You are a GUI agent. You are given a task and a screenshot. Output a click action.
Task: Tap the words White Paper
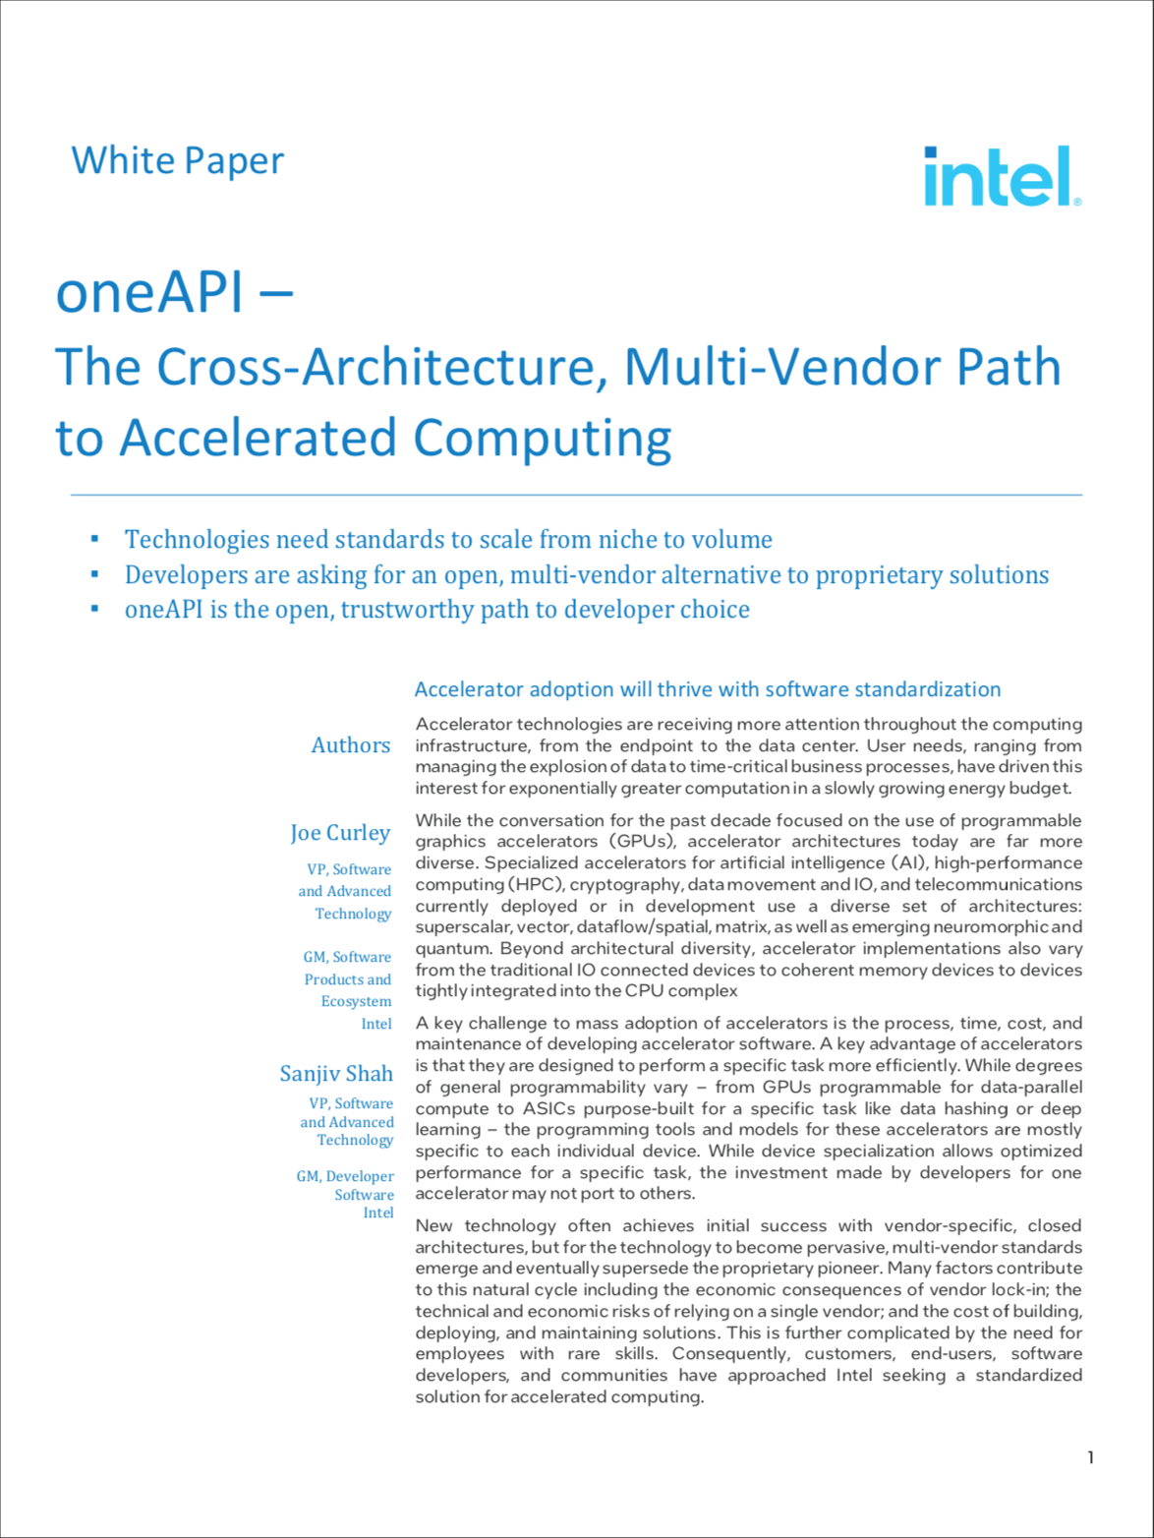click(178, 160)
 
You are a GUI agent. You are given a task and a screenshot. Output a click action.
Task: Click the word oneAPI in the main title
click(149, 292)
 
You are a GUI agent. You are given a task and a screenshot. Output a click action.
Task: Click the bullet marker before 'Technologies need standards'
click(94, 539)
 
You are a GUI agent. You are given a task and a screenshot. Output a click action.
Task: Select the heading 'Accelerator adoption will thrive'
click(707, 689)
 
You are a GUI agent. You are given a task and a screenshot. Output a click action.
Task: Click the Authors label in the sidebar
click(350, 745)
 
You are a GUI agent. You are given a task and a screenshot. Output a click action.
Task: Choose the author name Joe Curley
click(340, 833)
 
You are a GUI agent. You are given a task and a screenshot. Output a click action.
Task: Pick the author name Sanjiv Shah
click(336, 1074)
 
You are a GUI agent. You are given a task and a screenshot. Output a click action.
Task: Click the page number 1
click(1090, 1457)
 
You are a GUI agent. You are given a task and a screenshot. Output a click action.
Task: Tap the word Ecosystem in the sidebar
click(356, 1001)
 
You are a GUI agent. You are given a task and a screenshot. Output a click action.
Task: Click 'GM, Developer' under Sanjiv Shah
click(345, 1176)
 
